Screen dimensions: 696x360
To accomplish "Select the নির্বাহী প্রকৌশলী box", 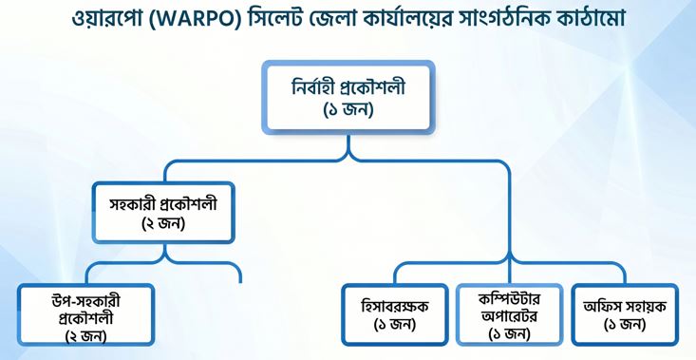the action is coord(348,97).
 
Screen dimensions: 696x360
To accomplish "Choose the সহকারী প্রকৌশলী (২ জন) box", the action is coord(163,213).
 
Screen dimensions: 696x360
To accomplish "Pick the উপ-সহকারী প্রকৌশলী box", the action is coord(86,314).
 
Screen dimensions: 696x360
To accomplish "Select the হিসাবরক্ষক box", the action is coord(395,314).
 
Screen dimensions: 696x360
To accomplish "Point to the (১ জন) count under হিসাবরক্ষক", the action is coord(395,324).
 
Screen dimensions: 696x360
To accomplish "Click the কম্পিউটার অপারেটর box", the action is coord(510,314).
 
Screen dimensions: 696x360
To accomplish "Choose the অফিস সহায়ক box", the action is coord(625,314).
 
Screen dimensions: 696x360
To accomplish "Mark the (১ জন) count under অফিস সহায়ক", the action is coord(625,324).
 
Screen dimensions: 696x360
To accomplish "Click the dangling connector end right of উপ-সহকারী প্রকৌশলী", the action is coord(240,282).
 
